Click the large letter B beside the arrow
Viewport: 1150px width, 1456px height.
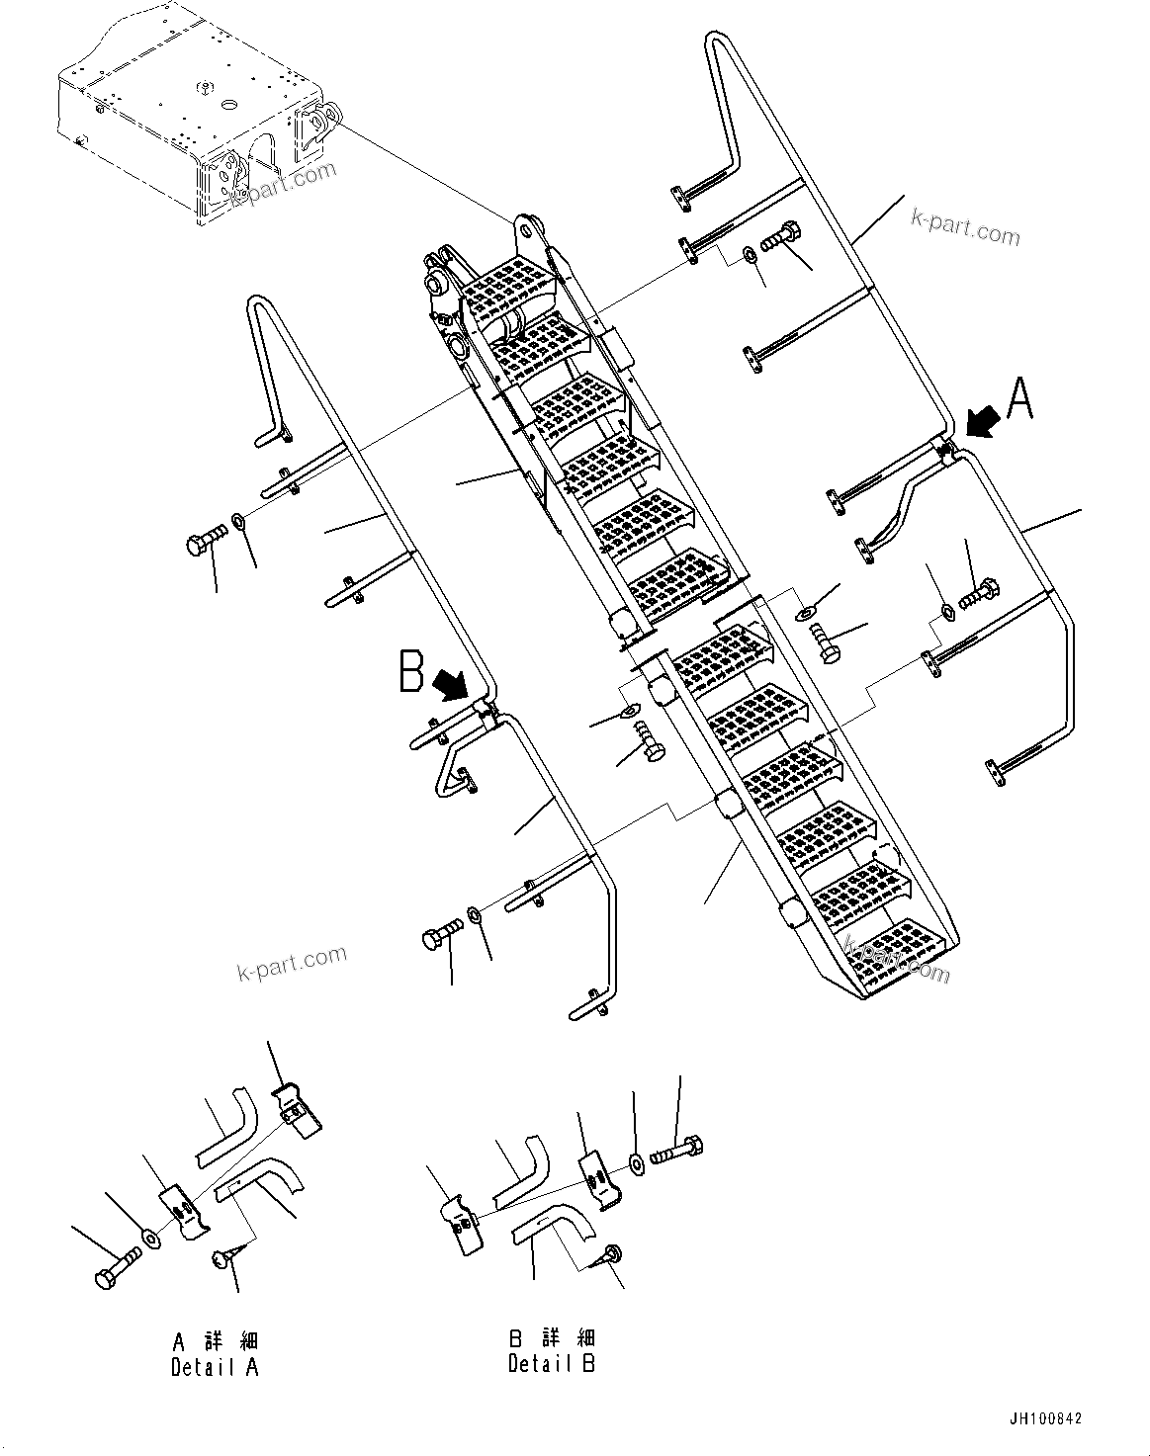coord(411,671)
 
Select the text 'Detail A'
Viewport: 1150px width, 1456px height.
coord(216,1368)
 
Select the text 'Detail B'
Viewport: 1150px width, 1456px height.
coord(552,1364)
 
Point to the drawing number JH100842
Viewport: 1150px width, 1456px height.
coord(1045,1418)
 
